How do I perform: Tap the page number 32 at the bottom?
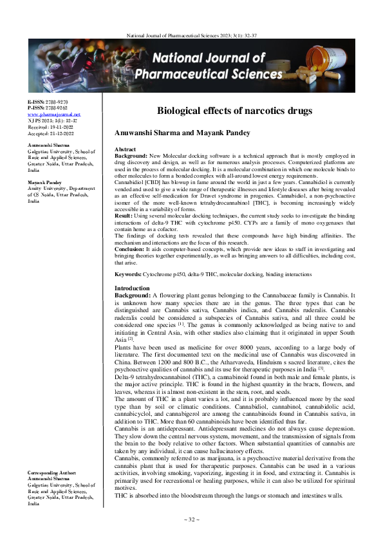191,518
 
